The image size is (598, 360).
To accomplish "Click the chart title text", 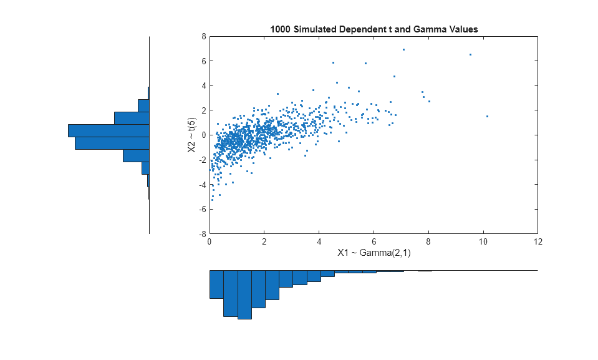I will (x=374, y=29).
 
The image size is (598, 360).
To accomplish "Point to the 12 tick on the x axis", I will (x=538, y=241).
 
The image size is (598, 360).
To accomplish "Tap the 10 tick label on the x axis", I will (x=483, y=241).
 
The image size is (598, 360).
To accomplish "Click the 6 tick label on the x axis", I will (x=374, y=241).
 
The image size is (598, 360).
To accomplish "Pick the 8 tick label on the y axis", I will (x=204, y=37).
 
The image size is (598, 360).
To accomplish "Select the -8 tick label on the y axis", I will (x=202, y=234).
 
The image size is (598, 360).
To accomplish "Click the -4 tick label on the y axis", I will (x=202, y=185).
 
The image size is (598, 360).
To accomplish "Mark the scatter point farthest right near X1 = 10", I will (x=487, y=116).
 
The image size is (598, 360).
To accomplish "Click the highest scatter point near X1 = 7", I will (x=403, y=49).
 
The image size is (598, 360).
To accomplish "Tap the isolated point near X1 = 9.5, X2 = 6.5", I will (x=470, y=54).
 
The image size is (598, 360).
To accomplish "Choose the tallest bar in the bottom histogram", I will (x=244, y=294).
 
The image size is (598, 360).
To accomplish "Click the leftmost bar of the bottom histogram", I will (x=216, y=284).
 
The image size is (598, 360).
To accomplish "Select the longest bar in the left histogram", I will (x=109, y=130).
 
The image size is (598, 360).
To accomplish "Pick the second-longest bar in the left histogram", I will (x=112, y=143).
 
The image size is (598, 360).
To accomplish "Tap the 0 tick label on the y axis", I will (x=204, y=135).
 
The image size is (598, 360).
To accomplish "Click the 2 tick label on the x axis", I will (x=264, y=241).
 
